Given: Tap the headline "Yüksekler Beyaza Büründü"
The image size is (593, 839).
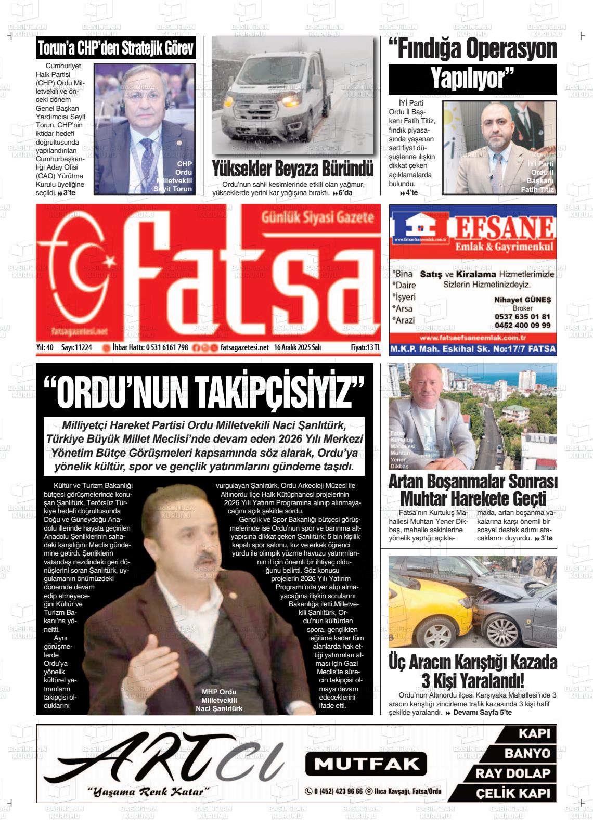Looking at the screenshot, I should (292, 169).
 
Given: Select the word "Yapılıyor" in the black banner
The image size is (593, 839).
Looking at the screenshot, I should (472, 79).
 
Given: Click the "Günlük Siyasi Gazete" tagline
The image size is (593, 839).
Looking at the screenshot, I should (318, 217).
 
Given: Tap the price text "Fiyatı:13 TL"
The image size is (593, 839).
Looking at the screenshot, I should (365, 347).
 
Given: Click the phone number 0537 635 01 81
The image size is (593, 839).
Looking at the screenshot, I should (522, 316).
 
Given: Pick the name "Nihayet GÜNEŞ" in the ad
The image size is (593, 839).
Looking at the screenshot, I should (522, 300).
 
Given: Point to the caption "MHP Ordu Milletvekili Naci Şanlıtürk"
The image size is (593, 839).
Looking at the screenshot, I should (219, 700).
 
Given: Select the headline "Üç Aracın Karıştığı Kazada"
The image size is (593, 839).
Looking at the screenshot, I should (472, 663).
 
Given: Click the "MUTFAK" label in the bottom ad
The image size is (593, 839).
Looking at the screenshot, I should (366, 764).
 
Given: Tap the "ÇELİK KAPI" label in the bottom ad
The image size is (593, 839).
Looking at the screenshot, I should (513, 794).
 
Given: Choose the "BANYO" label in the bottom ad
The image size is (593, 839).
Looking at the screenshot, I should (526, 753).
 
